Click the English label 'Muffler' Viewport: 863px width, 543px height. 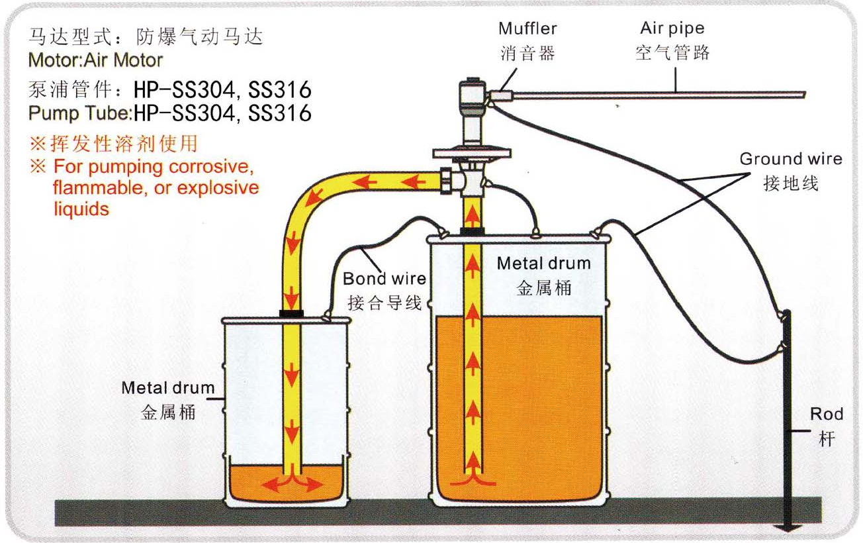(527, 29)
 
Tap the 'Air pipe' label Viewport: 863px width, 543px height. (672, 28)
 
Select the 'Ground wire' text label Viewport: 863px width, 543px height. (790, 159)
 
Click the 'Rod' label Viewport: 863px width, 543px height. (827, 415)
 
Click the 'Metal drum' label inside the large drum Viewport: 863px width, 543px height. (543, 263)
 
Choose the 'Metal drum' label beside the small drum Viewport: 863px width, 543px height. (168, 388)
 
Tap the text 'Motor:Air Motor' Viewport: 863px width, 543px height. (95, 60)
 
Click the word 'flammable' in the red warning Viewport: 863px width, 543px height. (90, 187)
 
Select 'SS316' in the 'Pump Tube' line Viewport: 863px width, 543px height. (279, 113)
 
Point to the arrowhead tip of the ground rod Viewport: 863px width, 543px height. (787, 528)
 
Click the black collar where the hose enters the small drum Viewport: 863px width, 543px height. (291, 312)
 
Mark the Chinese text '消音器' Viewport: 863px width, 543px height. (527, 53)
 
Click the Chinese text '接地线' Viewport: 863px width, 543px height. (790, 183)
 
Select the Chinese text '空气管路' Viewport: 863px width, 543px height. (672, 53)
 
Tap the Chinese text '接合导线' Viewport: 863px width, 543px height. (385, 303)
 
